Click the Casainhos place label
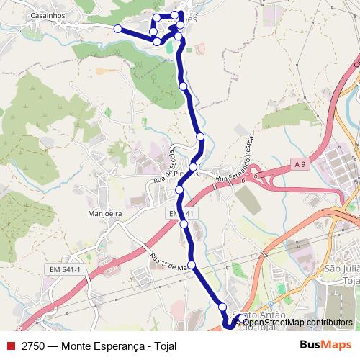tap(48, 14)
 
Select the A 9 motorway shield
tap(300, 166)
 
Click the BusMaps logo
tap(325, 345)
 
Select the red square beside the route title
tap(9, 346)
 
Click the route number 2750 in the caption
tap(32, 346)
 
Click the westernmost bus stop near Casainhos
tap(118, 28)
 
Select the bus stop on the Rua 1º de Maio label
tap(192, 264)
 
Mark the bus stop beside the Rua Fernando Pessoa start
tap(194, 167)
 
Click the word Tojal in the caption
tap(163, 346)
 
